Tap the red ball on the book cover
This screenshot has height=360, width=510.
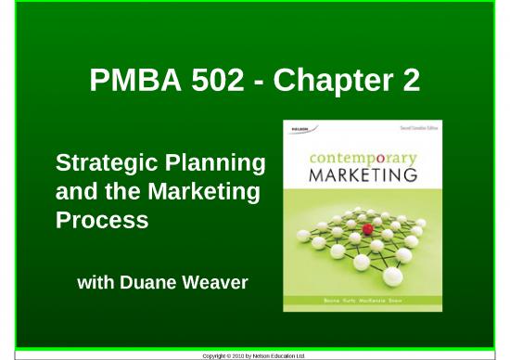[367, 228]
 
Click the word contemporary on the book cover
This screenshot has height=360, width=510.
[363, 158]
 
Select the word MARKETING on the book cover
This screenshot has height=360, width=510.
[363, 174]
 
